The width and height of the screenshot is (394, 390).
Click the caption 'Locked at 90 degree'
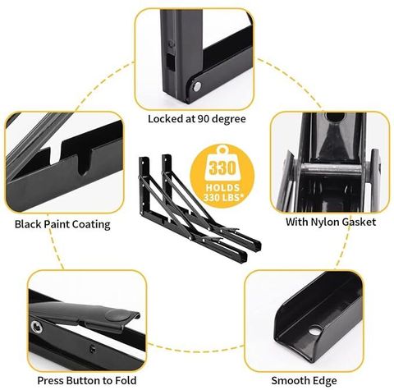(x=197, y=119)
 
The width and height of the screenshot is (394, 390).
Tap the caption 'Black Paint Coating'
(x=62, y=224)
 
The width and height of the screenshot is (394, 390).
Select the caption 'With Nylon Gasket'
(x=331, y=222)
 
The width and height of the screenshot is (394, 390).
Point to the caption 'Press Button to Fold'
(x=87, y=380)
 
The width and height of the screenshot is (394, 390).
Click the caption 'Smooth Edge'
(x=304, y=381)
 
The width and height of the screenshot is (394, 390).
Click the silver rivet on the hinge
(x=196, y=87)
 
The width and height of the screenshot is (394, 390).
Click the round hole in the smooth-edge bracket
(x=315, y=331)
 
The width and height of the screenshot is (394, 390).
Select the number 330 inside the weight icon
(x=222, y=167)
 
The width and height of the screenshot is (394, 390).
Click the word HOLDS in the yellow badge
(x=222, y=188)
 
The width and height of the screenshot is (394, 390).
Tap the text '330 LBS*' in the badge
(x=223, y=197)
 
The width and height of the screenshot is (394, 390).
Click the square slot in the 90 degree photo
(x=170, y=62)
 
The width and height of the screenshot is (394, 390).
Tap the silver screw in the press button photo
(x=36, y=327)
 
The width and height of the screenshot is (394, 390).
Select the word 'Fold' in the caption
(x=126, y=380)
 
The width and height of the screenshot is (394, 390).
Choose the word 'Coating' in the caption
(x=92, y=225)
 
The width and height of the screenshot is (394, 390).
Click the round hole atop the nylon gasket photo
(x=335, y=117)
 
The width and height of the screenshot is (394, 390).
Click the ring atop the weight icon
(x=222, y=150)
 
